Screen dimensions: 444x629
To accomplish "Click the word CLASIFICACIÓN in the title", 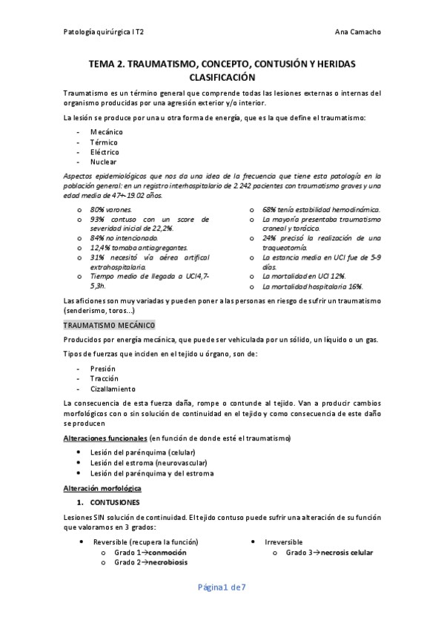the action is coord(222,77).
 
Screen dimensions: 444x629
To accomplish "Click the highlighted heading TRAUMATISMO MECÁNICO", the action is coord(108,326).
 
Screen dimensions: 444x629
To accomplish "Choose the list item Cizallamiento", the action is coord(113,388).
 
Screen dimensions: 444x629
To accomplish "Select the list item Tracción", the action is coord(105,378).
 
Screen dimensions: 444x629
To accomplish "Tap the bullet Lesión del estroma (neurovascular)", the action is coord(150,462).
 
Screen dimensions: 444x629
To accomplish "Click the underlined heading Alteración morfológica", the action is coord(102,489).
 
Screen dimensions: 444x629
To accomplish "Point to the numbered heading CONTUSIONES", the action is coord(125,502).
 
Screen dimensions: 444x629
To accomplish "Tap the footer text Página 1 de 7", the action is coord(222,587).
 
